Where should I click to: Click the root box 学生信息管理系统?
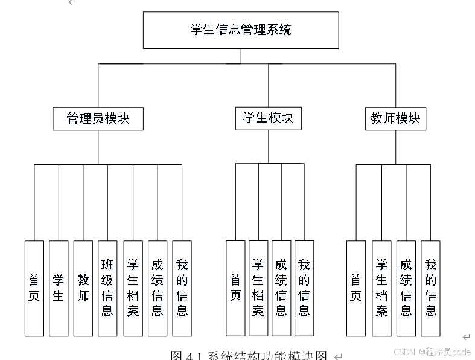(x=240, y=30)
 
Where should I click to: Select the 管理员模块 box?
(x=98, y=118)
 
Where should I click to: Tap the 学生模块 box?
(x=268, y=118)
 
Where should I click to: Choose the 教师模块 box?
(x=395, y=118)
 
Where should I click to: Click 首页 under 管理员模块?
(x=34, y=288)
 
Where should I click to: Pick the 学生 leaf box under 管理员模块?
(x=59, y=288)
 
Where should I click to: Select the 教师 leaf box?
(x=83, y=288)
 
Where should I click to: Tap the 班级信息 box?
(x=107, y=288)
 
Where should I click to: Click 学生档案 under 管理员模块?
(x=133, y=288)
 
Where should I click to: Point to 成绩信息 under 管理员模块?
(x=158, y=288)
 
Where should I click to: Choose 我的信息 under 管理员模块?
(x=182, y=288)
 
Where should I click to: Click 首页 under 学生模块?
(x=235, y=288)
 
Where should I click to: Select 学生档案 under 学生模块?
(x=258, y=288)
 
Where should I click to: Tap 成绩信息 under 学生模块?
(x=281, y=288)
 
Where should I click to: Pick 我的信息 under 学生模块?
(x=304, y=288)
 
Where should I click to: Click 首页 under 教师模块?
(x=356, y=288)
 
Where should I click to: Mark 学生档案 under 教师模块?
(x=381, y=288)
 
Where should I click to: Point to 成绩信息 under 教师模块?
(x=406, y=288)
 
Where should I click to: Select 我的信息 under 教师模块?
(x=430, y=288)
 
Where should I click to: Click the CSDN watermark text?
(x=432, y=352)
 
